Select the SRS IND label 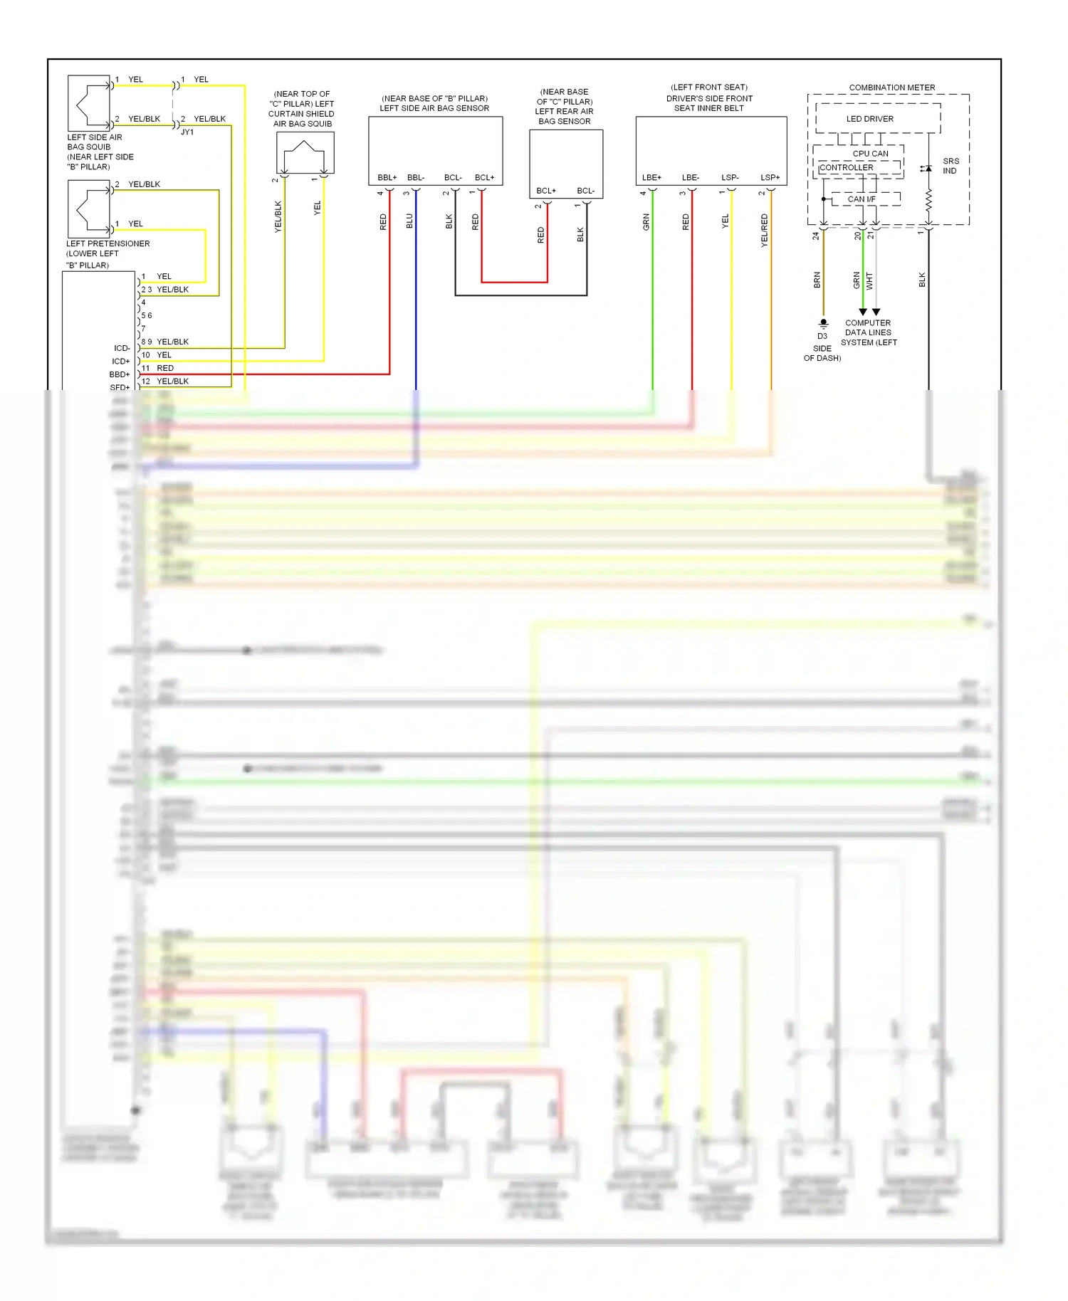tap(950, 166)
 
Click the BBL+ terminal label tap(387, 177)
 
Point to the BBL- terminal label tap(416, 177)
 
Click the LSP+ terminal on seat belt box tap(770, 177)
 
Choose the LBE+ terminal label tap(651, 177)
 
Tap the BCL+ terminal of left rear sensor tap(546, 191)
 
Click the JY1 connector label tap(187, 132)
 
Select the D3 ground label tap(822, 336)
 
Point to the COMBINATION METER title tap(891, 88)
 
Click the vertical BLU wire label tap(409, 221)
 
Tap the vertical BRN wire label tap(817, 280)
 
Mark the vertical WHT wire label tap(869, 281)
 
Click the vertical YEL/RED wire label tap(764, 230)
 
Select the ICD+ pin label tap(120, 362)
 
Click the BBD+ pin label tap(120, 374)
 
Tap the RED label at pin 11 tap(165, 368)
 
